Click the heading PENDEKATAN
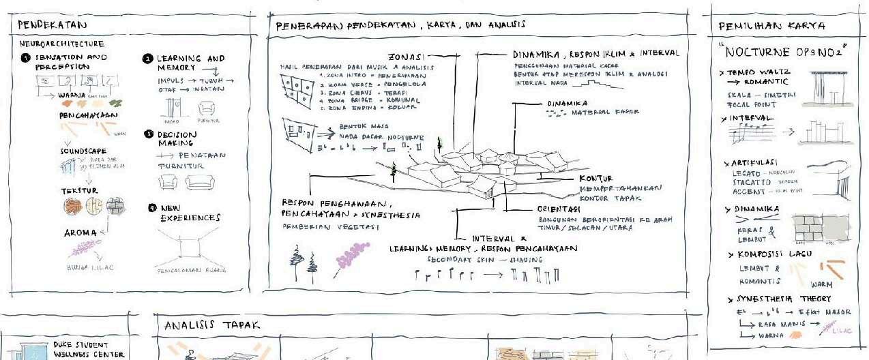46,25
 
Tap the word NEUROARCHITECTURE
62,44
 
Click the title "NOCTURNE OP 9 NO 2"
785,52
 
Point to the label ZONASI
407,56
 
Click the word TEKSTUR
79,191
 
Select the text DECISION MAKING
177,139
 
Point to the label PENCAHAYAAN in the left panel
85,116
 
